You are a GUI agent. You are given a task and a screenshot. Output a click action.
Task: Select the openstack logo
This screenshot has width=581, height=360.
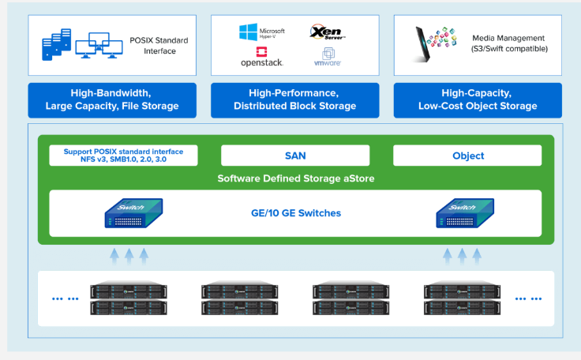[x=261, y=57]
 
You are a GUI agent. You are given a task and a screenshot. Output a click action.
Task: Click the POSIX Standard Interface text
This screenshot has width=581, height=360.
[x=152, y=45]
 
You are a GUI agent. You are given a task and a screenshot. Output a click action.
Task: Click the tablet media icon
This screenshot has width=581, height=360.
[x=432, y=44]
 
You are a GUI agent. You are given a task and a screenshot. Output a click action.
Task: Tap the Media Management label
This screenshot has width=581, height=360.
[x=508, y=44]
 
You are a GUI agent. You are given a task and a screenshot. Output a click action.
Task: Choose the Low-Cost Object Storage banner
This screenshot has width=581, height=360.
[x=478, y=99]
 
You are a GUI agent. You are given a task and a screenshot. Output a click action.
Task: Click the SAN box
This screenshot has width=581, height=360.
[x=294, y=156]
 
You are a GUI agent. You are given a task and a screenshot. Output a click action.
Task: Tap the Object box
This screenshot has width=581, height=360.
[x=467, y=156]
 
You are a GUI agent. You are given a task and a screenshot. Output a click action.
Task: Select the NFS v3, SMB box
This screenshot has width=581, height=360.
[x=123, y=156]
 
